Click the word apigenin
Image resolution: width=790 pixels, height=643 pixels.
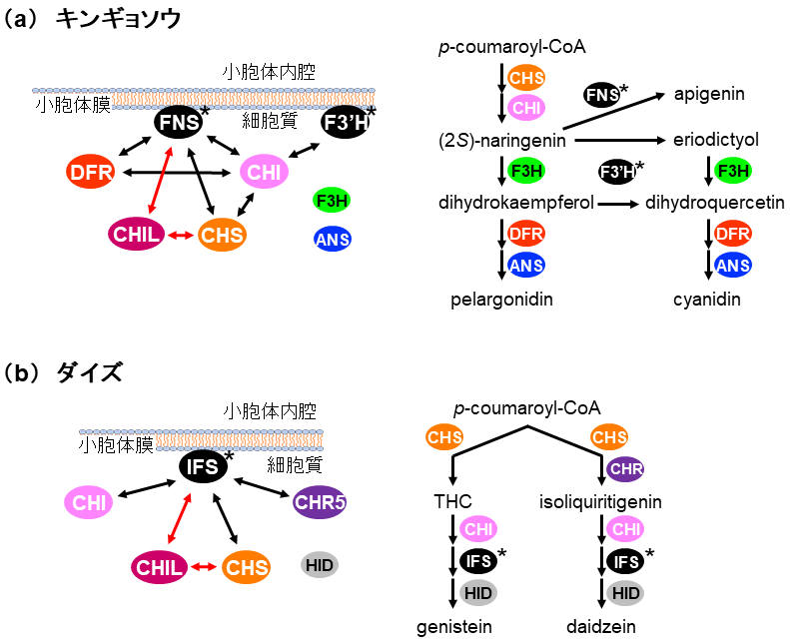pyautogui.click(x=708, y=95)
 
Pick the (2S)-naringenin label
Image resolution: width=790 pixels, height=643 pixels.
pyautogui.click(x=502, y=141)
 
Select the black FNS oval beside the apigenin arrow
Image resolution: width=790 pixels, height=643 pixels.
pyautogui.click(x=601, y=95)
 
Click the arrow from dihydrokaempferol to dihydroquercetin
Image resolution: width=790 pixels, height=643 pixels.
pyautogui.click(x=619, y=204)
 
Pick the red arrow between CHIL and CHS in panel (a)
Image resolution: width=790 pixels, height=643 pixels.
pyautogui.click(x=180, y=235)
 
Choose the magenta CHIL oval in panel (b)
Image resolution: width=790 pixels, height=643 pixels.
pyautogui.click(x=159, y=567)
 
